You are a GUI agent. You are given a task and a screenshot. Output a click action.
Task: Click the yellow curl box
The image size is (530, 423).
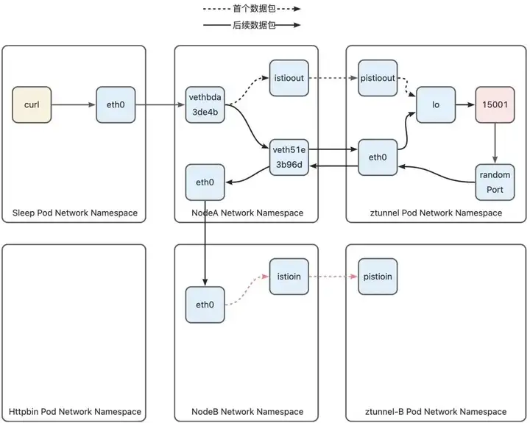(32, 104)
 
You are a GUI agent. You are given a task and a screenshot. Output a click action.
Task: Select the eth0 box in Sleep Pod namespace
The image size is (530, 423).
(116, 104)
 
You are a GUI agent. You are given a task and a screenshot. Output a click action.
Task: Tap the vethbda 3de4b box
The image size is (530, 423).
(205, 104)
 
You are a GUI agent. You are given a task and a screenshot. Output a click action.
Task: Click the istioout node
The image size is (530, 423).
(289, 78)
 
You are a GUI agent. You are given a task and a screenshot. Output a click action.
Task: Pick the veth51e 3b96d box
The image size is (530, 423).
(289, 157)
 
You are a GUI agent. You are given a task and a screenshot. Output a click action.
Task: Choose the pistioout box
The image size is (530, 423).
(378, 78)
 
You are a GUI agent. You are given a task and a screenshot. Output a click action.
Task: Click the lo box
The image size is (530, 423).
(436, 104)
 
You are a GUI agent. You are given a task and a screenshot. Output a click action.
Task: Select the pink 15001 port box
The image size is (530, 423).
(495, 104)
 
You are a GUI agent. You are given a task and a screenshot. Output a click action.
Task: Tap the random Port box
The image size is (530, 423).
(495, 182)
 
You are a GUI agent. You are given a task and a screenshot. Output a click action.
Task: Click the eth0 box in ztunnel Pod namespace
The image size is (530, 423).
(378, 157)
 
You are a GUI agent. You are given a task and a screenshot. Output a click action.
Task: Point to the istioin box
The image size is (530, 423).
(289, 277)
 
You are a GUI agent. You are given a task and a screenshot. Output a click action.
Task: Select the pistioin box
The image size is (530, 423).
(378, 277)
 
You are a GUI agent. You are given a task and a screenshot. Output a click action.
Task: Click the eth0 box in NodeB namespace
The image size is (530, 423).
(205, 305)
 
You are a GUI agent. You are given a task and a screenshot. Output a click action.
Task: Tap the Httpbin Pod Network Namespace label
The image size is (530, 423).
(75, 411)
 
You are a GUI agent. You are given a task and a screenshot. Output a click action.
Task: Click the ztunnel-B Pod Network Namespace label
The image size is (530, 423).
(436, 411)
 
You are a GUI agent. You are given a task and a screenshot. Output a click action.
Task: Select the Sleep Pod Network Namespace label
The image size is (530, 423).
(75, 213)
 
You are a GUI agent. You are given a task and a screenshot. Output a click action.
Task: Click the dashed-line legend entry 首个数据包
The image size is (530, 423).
(252, 9)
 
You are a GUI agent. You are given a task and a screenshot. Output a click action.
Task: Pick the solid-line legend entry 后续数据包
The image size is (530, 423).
(252, 25)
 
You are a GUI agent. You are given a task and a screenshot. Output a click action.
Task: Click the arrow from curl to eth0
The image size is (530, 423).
(74, 104)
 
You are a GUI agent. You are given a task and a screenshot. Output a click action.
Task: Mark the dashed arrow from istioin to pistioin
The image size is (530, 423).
(333, 277)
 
